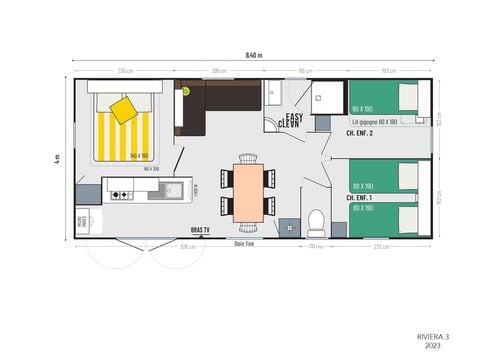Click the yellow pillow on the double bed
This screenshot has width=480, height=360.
pos(124,109)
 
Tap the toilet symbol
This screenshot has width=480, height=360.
pos(314,218)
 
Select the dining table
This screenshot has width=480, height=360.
pos(247,191)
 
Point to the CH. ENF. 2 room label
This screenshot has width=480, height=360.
pos(361,132)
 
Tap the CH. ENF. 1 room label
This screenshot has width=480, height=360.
pos(360,198)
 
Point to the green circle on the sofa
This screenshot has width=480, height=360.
pos(185,91)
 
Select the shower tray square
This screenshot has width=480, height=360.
pos(326,97)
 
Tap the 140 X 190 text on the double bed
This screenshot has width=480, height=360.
pos(139,155)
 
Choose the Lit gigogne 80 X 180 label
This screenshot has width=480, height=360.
pos(374,121)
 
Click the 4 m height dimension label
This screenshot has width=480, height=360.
pos(58,158)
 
